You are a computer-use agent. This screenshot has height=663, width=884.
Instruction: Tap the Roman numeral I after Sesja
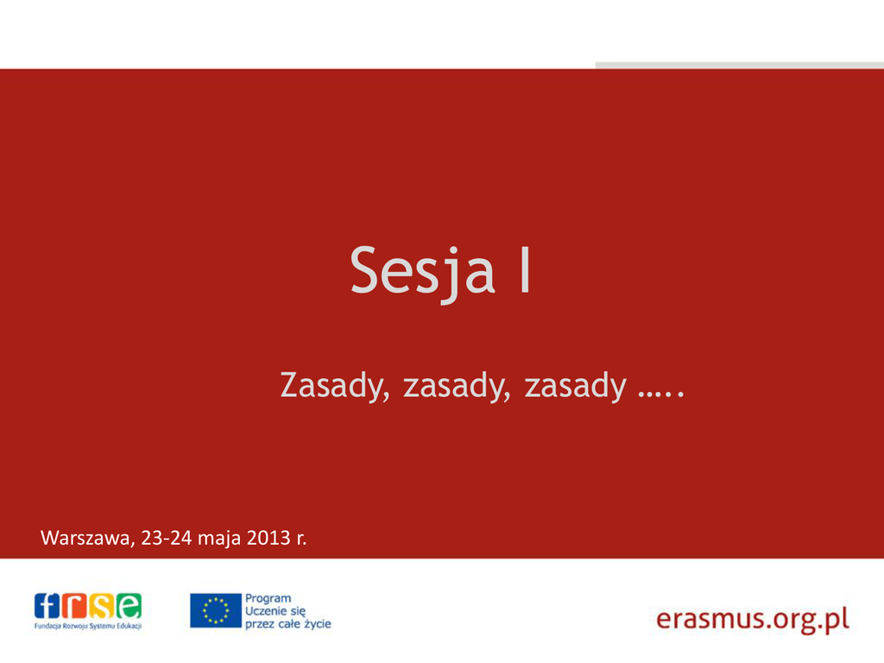point(525,270)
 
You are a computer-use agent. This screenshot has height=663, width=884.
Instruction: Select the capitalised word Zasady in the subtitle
point(335,386)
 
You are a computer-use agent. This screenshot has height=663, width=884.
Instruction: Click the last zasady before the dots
point(575,386)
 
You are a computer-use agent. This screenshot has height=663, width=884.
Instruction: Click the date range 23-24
point(167,538)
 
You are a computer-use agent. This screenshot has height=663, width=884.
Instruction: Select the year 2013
point(268,538)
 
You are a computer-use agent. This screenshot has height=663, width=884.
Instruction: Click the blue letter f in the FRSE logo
point(47,606)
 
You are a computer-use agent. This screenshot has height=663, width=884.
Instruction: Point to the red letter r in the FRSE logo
point(74,606)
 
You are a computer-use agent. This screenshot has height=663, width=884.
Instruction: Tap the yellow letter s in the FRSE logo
point(102,606)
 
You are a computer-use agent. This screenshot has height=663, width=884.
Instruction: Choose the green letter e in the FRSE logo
point(129,606)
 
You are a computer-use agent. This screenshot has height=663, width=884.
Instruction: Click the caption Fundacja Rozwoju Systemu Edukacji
point(88,626)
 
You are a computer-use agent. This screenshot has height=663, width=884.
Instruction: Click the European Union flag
point(215,610)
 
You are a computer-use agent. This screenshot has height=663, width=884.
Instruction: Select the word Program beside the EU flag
point(268,599)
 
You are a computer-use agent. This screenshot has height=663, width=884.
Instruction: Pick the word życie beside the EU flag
point(318,624)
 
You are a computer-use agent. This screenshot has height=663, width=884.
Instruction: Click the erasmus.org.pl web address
point(753,619)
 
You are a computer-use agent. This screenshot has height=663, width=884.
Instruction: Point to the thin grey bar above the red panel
point(740,66)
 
